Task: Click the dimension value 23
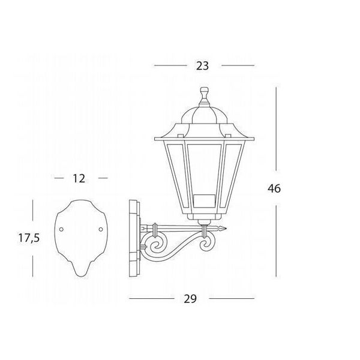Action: click(203, 66)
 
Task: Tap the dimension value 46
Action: click(274, 188)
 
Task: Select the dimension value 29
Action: click(190, 299)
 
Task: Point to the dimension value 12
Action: click(79, 178)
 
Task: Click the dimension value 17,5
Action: click(29, 238)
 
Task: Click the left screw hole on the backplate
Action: click(61, 229)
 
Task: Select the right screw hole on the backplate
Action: click(101, 229)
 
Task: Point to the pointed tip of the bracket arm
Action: click(226, 229)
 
